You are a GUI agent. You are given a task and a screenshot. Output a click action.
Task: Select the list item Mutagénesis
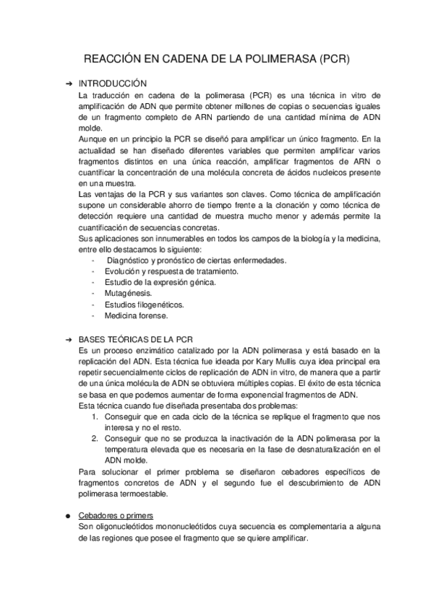[x=128, y=293]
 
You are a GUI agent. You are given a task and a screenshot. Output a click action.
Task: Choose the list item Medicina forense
[x=135, y=315]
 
